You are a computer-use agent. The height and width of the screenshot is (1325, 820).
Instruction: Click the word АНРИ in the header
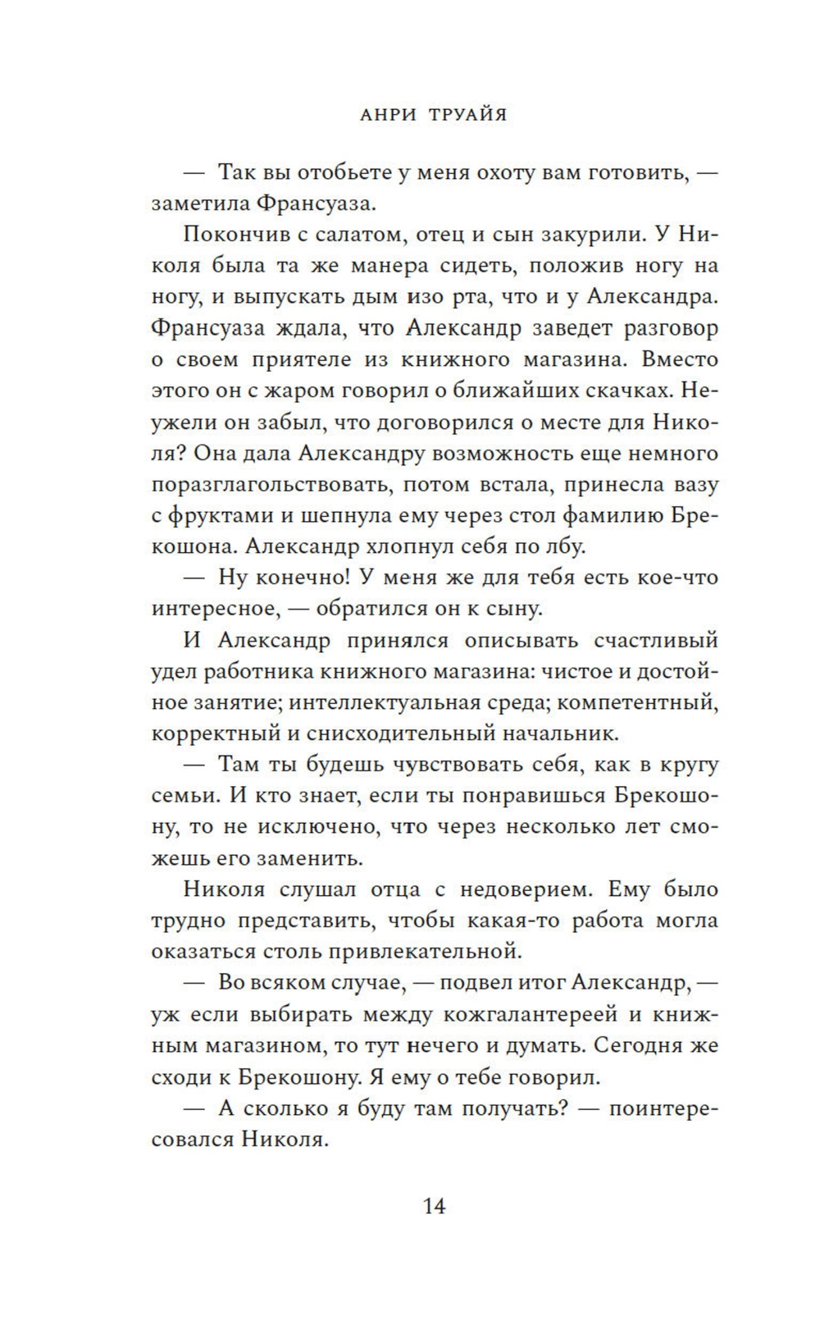pos(388,115)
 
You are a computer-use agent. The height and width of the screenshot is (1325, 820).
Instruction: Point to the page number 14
pos(434,1206)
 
